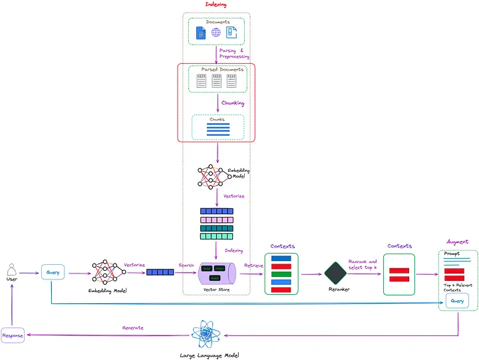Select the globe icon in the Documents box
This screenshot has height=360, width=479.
point(216,33)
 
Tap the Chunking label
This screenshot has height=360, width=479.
point(233,103)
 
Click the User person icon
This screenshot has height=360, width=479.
point(11,270)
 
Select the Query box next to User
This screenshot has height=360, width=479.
point(52,272)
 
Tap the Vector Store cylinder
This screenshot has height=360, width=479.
point(216,273)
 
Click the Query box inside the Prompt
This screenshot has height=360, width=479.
point(457,301)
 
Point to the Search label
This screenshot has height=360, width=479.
point(186,266)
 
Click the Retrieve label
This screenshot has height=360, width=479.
point(253,266)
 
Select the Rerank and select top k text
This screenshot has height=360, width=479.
point(363,265)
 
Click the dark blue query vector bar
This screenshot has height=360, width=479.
point(160,272)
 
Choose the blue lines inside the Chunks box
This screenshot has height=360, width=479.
point(218,130)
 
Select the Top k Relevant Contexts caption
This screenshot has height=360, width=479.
point(457,287)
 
